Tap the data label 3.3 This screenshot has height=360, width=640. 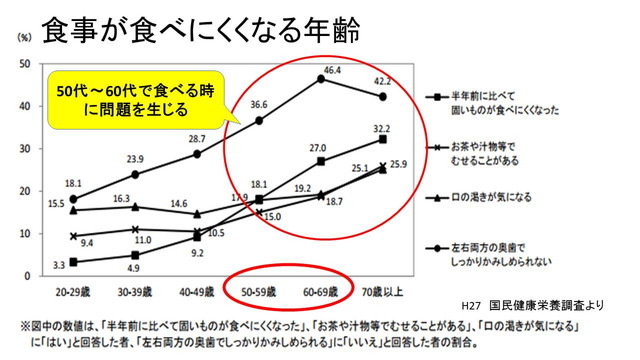59,264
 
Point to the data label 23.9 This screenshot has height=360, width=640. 135,159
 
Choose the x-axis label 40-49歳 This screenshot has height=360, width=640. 198,294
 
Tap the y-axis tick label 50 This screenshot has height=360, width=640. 22,63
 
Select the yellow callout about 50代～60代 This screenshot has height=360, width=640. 136,98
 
